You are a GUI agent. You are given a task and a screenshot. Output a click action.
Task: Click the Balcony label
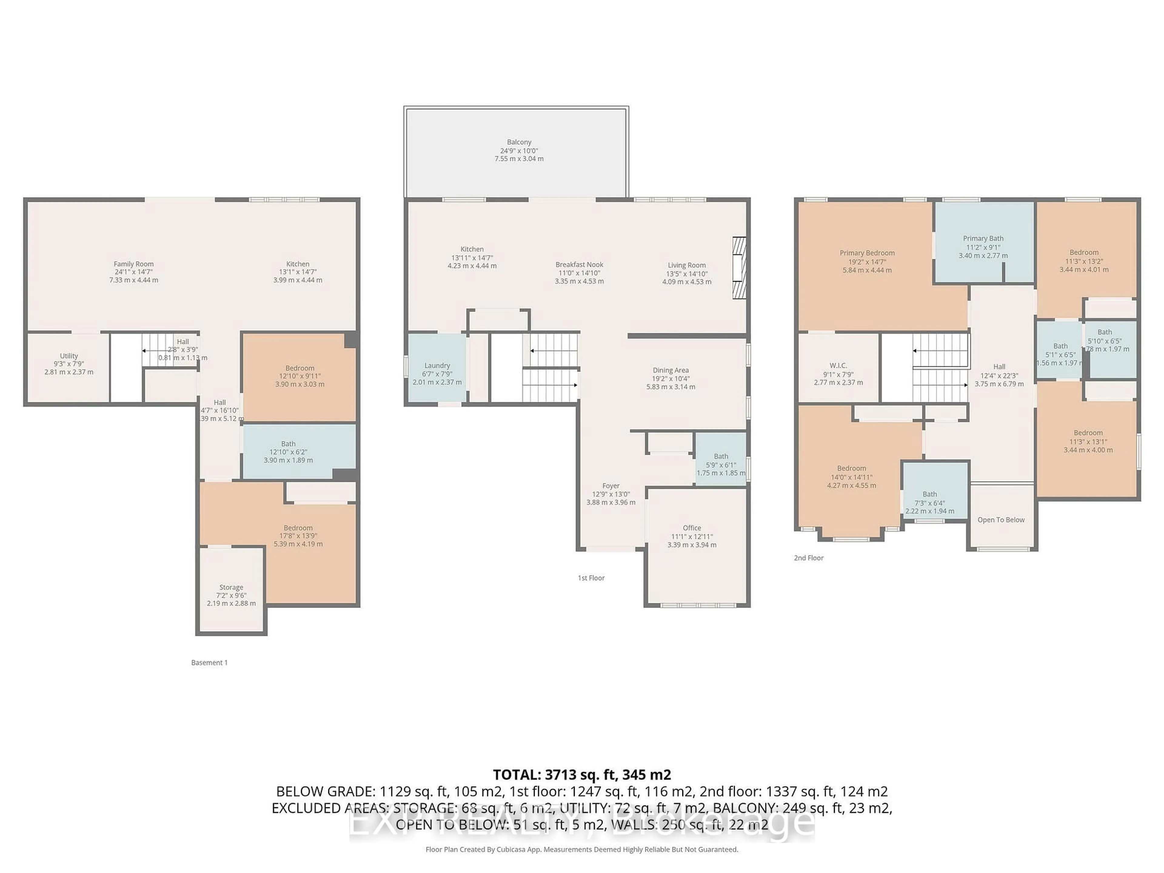(x=519, y=142)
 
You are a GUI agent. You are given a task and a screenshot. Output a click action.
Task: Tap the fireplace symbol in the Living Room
(x=739, y=268)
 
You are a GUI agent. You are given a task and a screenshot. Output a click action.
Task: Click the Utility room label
(x=69, y=356)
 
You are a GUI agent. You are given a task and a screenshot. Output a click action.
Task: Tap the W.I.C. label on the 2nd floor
(x=838, y=366)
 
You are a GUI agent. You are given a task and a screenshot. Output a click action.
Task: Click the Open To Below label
(x=1001, y=520)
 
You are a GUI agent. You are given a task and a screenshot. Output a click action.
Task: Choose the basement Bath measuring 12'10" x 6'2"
(x=288, y=451)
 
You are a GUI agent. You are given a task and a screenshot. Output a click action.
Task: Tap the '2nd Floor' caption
(x=808, y=558)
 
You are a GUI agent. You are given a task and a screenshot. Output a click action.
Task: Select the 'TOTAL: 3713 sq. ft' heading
(x=581, y=774)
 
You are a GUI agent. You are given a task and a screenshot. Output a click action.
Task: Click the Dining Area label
(x=671, y=370)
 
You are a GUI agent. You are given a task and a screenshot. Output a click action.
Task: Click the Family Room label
(x=134, y=264)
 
